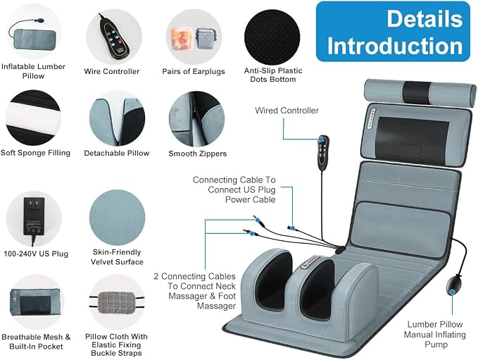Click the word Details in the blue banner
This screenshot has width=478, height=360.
click(x=424, y=18)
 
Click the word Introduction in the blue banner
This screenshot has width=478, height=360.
click(x=395, y=46)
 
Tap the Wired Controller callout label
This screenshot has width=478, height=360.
click(x=287, y=111)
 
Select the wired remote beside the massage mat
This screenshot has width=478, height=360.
click(x=323, y=153)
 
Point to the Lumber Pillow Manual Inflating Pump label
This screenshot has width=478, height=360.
click(x=435, y=335)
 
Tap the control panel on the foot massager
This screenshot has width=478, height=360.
click(x=310, y=262)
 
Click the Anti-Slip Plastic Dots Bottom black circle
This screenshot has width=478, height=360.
click(x=272, y=37)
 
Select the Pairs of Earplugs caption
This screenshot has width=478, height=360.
click(x=194, y=71)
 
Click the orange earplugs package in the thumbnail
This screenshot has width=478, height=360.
click(x=181, y=38)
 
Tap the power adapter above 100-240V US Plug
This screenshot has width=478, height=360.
click(x=34, y=218)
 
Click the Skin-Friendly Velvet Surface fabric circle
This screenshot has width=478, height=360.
click(x=117, y=217)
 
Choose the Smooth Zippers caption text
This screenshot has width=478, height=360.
click(x=198, y=154)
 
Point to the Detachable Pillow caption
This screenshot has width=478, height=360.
click(x=117, y=153)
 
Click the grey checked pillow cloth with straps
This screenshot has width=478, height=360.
click(x=117, y=302)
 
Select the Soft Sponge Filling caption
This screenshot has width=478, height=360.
click(x=35, y=153)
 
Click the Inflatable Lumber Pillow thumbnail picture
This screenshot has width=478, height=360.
click(x=34, y=35)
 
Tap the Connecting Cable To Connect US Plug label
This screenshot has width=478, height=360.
click(x=234, y=190)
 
